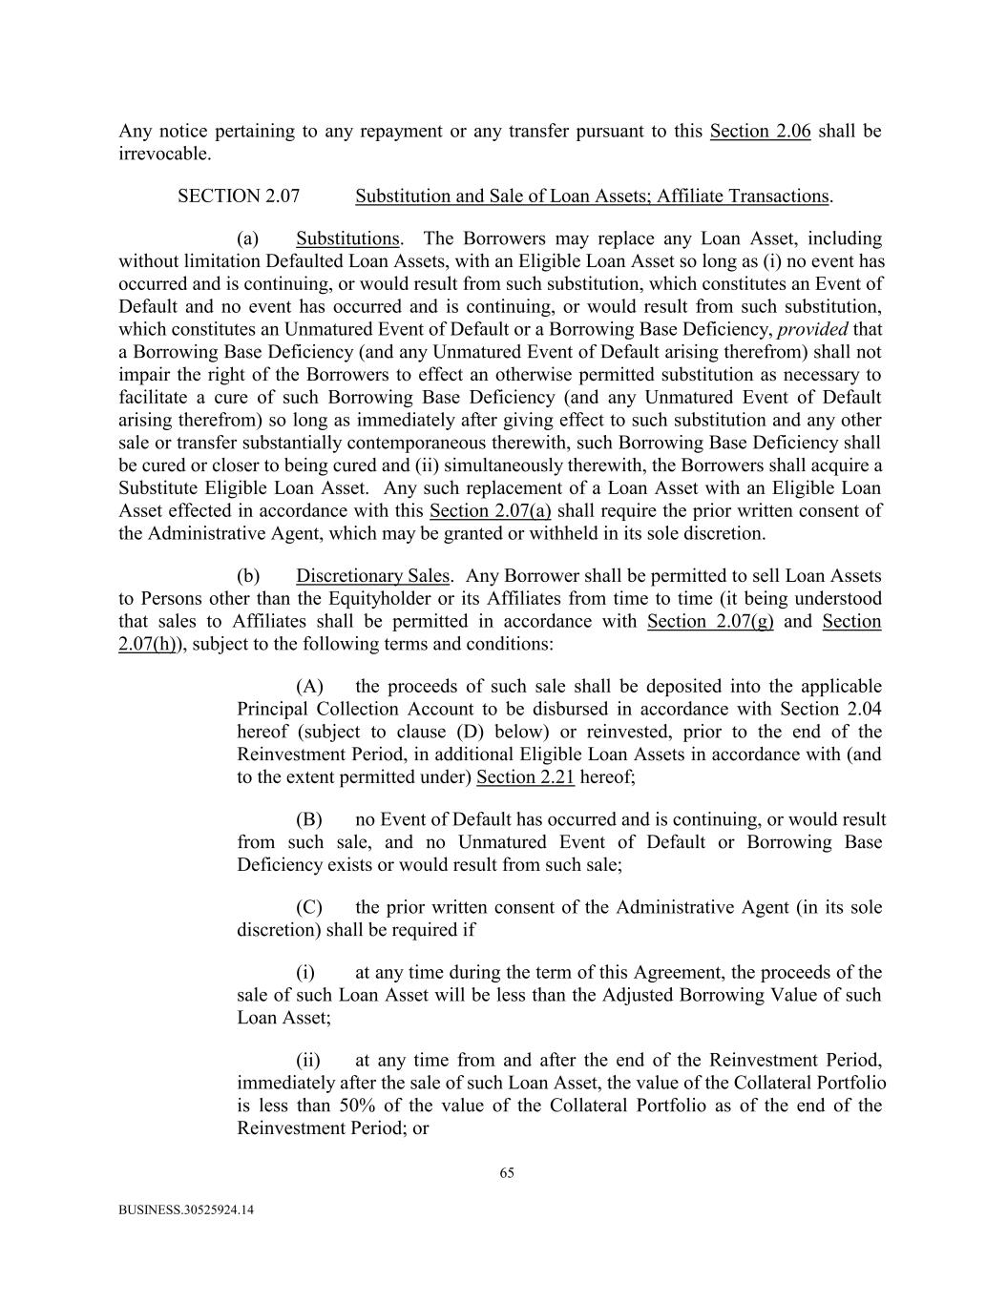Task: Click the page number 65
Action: pyautogui.click(x=507, y=1173)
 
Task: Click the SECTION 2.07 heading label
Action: pyautogui.click(x=239, y=196)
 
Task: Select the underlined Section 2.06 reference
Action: pyautogui.click(x=760, y=132)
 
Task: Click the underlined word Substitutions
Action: pyautogui.click(x=347, y=238)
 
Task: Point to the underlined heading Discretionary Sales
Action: pyautogui.click(x=372, y=576)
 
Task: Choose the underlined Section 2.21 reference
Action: pyautogui.click(x=525, y=777)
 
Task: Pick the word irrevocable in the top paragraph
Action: pyautogui.click(x=163, y=155)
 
